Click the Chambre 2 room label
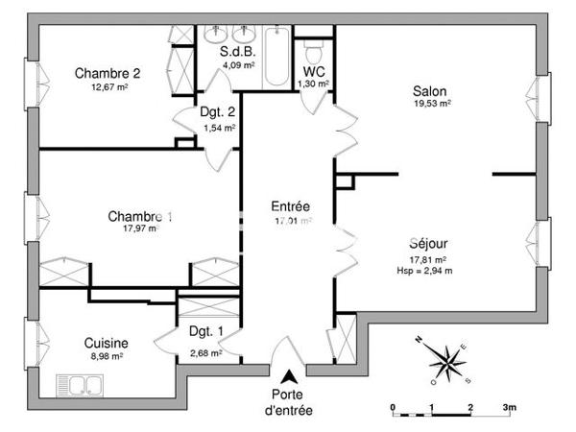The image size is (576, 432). click(x=108, y=73)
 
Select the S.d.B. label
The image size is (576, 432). click(x=237, y=51)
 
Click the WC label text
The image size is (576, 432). click(x=313, y=72)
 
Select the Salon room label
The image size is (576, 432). click(x=430, y=90)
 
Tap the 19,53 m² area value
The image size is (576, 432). click(x=431, y=104)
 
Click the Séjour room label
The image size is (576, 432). click(x=429, y=244)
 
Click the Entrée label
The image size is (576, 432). click(x=290, y=205)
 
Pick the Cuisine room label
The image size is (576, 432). click(x=106, y=343)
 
